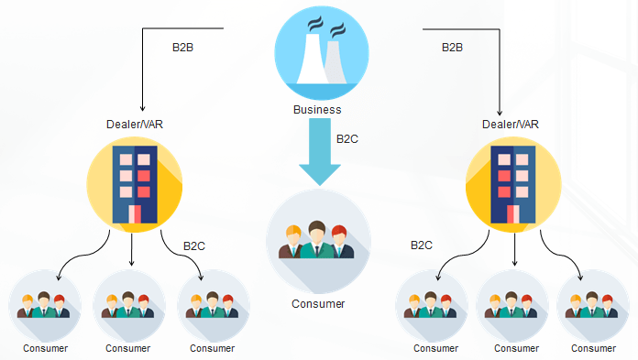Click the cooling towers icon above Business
tap(321, 51)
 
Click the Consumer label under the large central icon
tap(318, 303)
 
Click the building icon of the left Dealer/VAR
tap(134, 183)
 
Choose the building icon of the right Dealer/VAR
tap(512, 183)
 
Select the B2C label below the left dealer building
tap(194, 245)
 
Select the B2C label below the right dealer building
tap(422, 245)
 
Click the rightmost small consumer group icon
tap(587, 306)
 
